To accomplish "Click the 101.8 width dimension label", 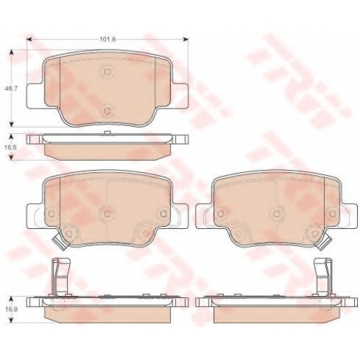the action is [108, 40].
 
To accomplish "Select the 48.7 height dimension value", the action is [11, 88].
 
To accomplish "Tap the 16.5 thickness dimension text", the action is [11, 147].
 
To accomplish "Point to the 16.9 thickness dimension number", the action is [11, 309].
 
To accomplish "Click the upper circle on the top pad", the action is [107, 71].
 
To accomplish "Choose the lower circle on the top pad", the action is [107, 110].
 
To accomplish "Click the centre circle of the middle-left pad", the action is [107, 213].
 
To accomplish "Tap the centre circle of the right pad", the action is [277, 213].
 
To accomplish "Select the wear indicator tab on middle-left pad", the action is [60, 242].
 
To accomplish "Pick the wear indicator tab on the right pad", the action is [324, 242].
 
